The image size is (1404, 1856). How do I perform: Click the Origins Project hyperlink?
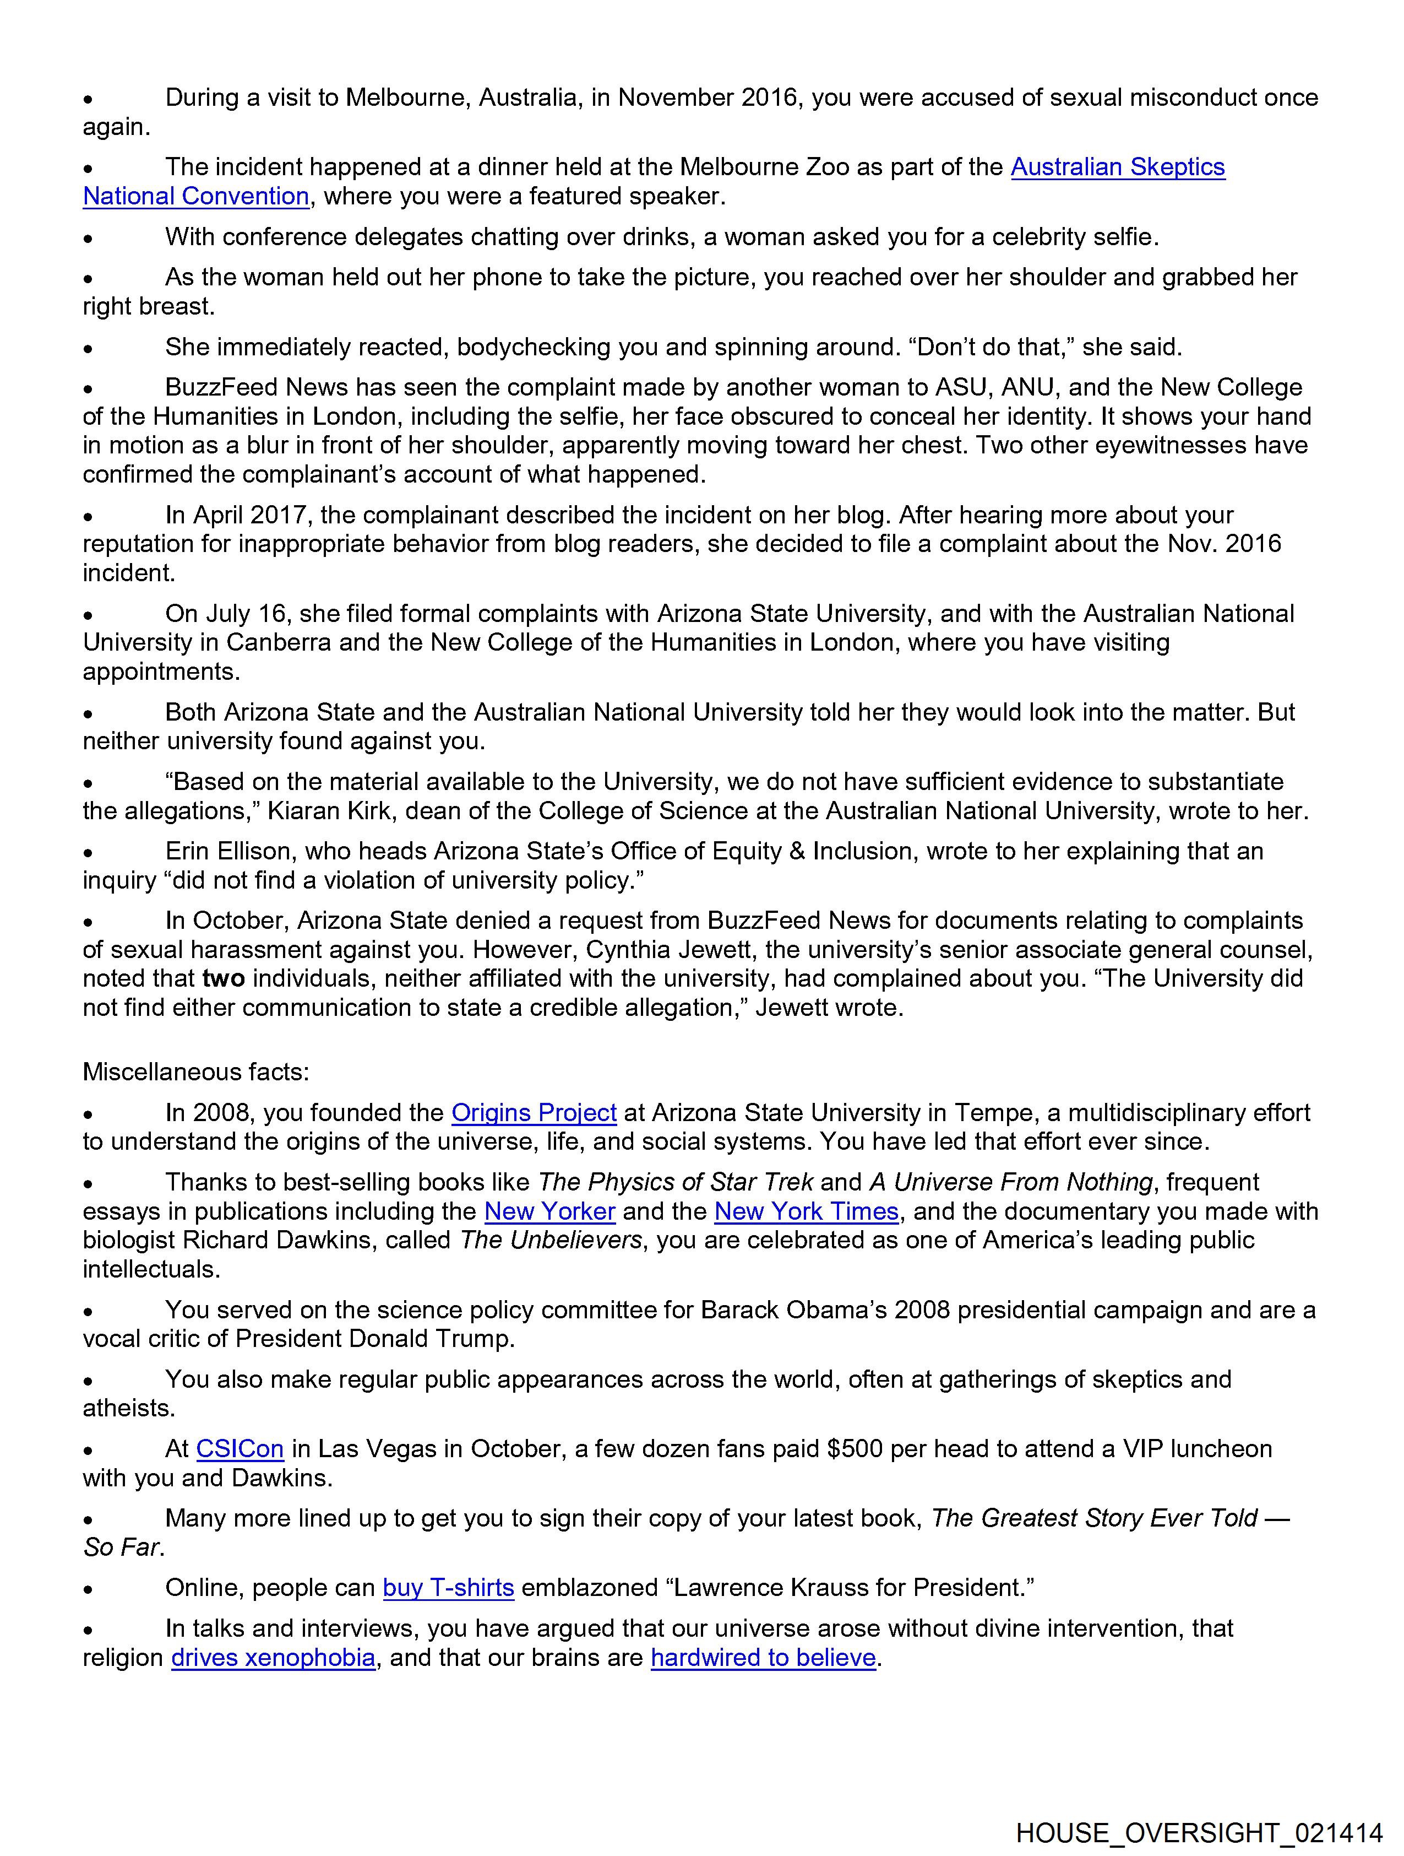[534, 1113]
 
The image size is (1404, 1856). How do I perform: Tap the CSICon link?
[240, 1449]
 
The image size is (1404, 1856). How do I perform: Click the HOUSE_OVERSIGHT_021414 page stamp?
[1199, 1832]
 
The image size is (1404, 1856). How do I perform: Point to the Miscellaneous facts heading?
[195, 1072]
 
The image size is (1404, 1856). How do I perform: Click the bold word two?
[223, 978]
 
